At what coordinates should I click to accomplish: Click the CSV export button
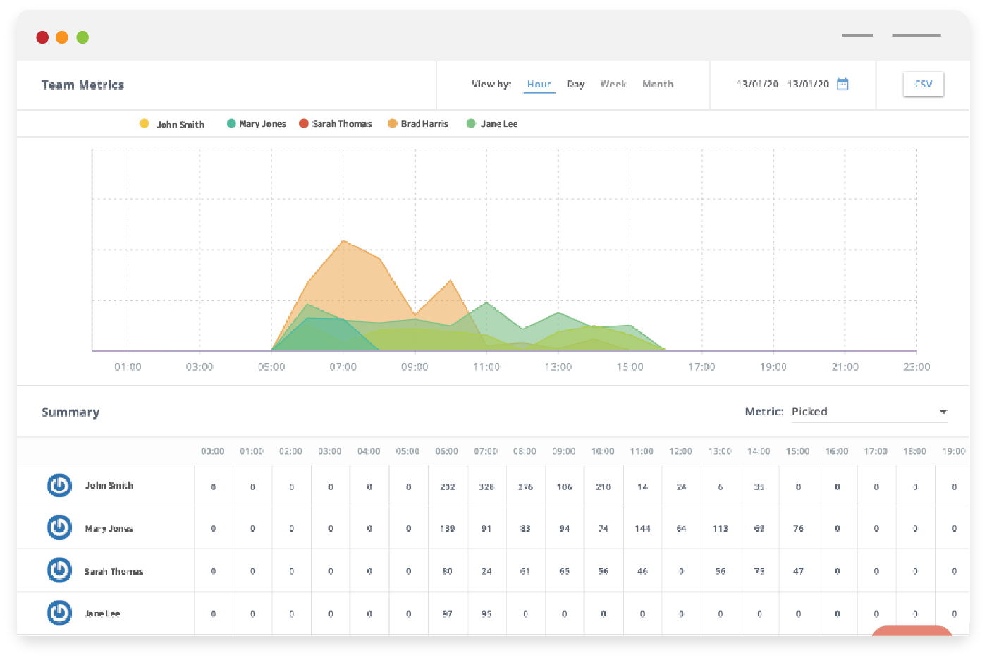[923, 84]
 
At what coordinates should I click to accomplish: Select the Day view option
[575, 84]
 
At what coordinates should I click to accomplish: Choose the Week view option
[613, 84]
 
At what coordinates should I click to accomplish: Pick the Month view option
[657, 84]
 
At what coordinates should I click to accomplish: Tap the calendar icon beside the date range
[842, 84]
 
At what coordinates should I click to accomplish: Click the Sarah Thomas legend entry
[341, 123]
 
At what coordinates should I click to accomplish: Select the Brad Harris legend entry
[424, 123]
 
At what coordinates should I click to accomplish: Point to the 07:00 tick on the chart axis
[343, 367]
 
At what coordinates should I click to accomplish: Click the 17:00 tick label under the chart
[701, 367]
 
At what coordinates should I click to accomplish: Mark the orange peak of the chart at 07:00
[343, 241]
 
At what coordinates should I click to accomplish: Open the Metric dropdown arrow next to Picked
[943, 412]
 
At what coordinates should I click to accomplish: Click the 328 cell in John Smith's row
[486, 487]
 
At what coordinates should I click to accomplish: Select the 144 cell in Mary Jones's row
[642, 528]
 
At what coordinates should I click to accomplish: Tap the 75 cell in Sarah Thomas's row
[759, 571]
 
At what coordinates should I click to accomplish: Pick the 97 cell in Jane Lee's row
[447, 613]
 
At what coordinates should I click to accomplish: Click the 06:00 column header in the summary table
[447, 451]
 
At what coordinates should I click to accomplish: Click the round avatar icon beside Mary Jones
[59, 527]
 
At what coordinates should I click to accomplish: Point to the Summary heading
[70, 412]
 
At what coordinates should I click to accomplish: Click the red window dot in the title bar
[42, 37]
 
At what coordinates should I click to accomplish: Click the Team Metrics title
[82, 85]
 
